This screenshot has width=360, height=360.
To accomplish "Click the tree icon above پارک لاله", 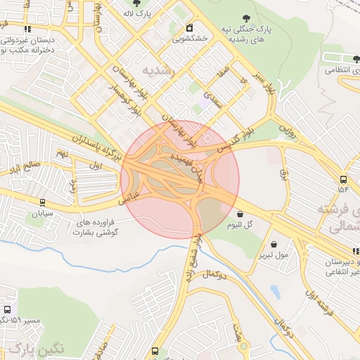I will (x=146, y=4).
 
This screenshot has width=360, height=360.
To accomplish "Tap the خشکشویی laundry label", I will (x=190, y=39).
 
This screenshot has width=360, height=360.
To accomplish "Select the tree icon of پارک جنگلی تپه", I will (x=245, y=19).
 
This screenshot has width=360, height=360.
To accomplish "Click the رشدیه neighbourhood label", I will (x=157, y=70).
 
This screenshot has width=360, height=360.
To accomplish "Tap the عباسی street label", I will (x=133, y=195).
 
